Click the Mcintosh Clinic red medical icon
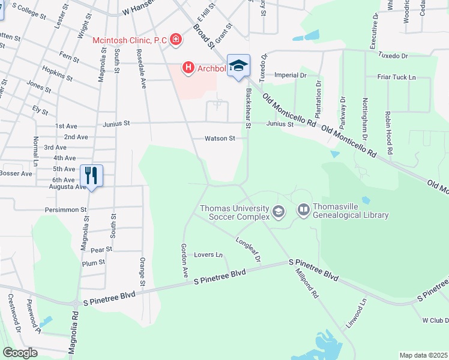point(176,40)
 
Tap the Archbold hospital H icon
point(188,67)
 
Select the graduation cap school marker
point(238,65)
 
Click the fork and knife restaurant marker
point(91,175)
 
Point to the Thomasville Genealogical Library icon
point(303,210)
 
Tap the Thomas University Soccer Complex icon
point(278,211)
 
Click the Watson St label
point(220,138)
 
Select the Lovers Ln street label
point(208,255)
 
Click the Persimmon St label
point(67,210)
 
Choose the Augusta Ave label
point(68,187)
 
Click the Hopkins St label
point(58,75)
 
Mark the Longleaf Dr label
point(249,251)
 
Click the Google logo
point(20,353)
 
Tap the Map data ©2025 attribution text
point(423,355)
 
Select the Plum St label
point(93,262)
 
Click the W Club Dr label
point(435,320)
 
